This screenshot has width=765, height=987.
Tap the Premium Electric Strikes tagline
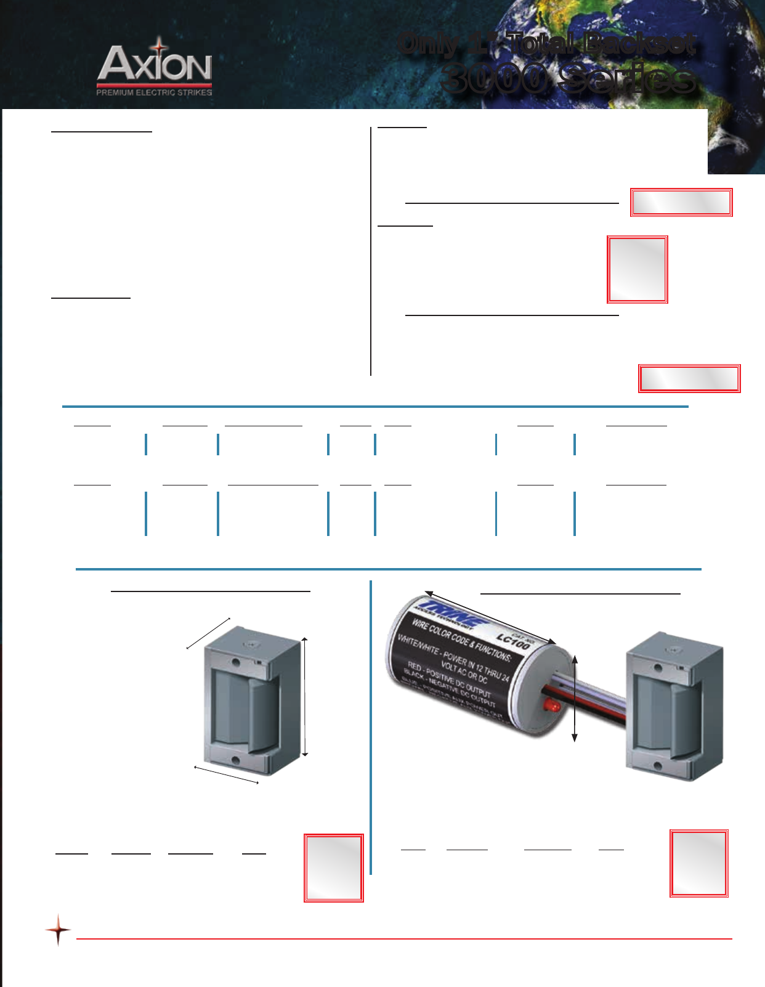[154, 92]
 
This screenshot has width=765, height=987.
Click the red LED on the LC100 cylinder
[549, 704]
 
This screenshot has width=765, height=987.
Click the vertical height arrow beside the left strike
[305, 696]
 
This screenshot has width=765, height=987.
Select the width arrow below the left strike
[226, 775]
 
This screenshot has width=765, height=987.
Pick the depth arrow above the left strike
[208, 633]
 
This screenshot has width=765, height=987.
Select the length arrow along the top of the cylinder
[490, 617]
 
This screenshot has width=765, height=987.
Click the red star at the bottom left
[58, 929]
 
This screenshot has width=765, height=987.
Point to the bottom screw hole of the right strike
[657, 766]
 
